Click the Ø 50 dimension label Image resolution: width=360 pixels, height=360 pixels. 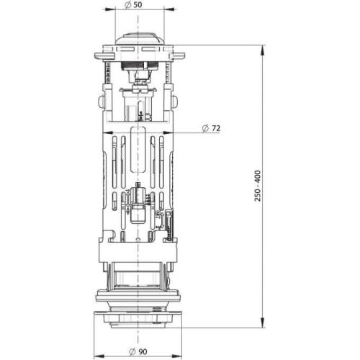coord(133,4)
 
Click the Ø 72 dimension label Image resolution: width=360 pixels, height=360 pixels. coord(211,128)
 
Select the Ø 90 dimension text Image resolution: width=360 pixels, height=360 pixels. coord(138,352)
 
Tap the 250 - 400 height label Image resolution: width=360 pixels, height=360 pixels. coord(258,186)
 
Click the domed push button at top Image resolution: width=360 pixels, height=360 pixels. coord(140,38)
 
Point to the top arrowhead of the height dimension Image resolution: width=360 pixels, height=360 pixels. coord(263,50)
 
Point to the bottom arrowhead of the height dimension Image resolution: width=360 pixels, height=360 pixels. coord(263,322)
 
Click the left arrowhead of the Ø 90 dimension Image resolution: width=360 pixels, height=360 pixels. coord(99,355)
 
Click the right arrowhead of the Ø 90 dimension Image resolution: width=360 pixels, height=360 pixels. coord(176,355)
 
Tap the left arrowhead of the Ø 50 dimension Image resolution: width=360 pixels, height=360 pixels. coord(109,9)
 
